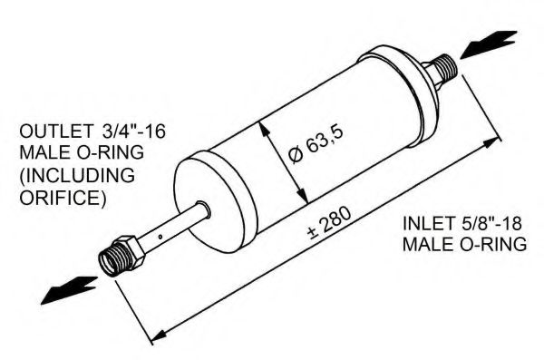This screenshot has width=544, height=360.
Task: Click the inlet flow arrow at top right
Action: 489,44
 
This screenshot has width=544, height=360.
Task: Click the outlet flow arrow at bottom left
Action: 70,290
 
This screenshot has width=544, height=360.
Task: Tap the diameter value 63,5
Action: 325,140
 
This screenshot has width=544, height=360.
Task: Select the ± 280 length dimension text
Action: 329,224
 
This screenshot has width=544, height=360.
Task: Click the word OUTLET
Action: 56,131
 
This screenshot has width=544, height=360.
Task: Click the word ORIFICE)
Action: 63,197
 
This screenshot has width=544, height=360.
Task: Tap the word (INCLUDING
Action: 77,176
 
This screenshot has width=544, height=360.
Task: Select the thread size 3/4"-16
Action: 134,131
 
